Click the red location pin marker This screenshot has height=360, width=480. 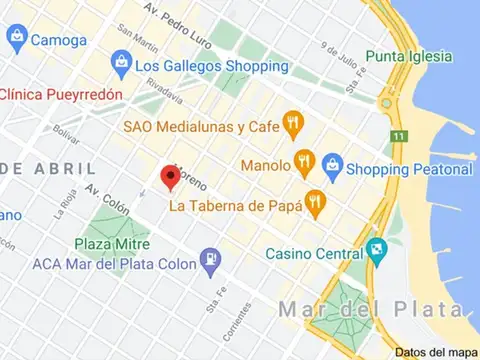[170, 177]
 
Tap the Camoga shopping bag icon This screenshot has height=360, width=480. [16, 39]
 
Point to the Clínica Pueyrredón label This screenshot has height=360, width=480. [61, 93]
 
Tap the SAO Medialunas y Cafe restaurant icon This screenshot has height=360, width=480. [293, 125]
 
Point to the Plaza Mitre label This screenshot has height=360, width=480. [112, 243]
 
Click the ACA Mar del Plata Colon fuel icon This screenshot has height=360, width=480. [211, 263]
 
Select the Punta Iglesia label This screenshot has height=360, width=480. [409, 55]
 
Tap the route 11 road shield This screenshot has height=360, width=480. [398, 136]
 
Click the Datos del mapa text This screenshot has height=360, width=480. [435, 351]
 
